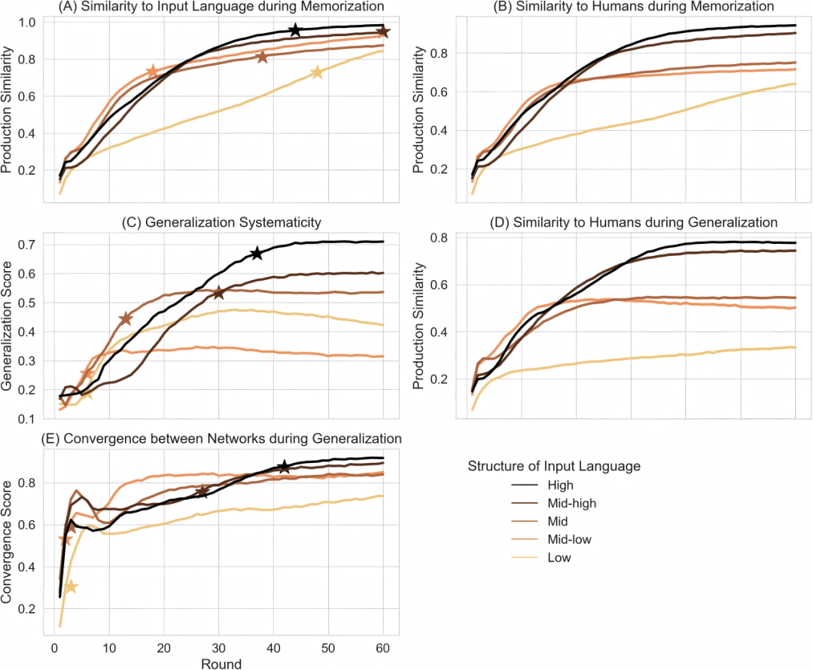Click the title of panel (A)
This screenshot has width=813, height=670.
coord(220,7)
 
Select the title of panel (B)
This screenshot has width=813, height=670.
coord(633,7)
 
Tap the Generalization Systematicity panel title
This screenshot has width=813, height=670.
coord(220,222)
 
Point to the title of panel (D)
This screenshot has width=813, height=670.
coord(633,222)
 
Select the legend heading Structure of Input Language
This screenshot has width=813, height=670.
coord(554,466)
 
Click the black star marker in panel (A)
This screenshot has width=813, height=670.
coord(295,30)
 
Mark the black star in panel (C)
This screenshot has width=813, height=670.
coord(257,253)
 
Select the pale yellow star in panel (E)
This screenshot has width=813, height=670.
coord(71,586)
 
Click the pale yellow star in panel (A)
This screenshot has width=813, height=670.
coord(317,72)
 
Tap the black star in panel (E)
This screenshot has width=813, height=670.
coord(284,467)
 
